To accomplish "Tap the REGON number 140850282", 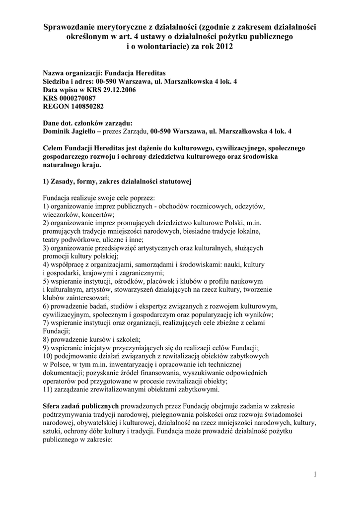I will [85, 106].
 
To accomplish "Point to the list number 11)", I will [49, 389].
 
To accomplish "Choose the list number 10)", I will [49, 356].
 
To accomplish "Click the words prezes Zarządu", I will [126, 131].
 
